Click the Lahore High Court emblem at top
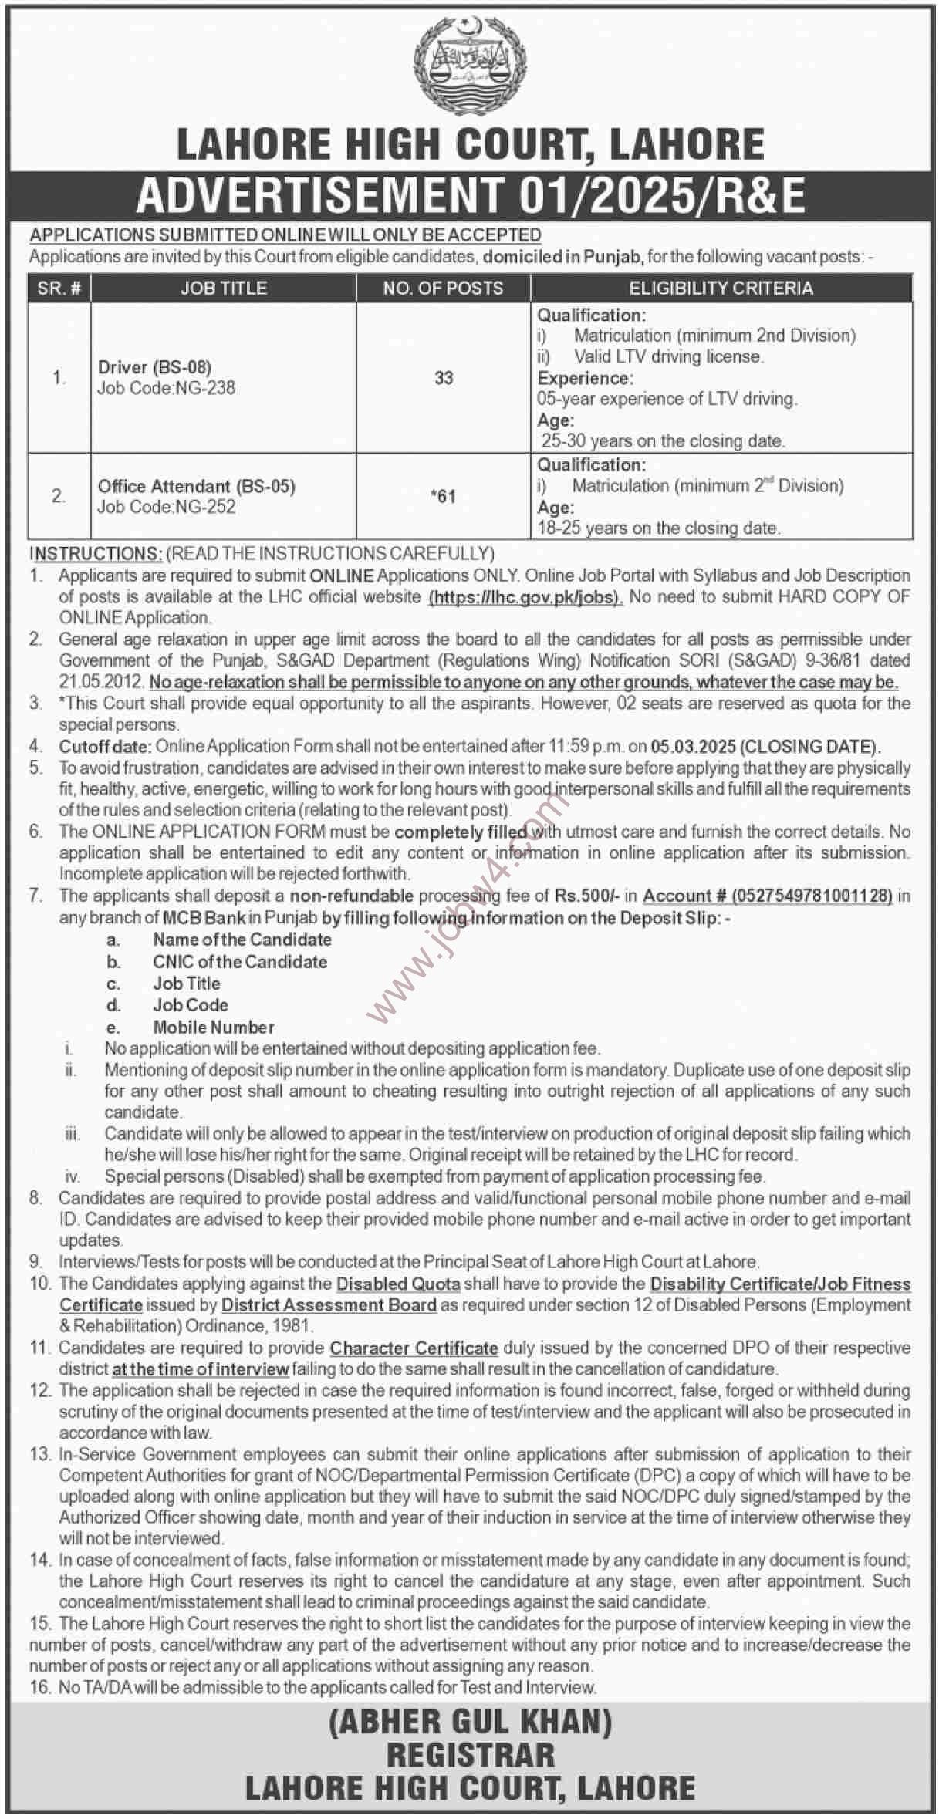(x=470, y=67)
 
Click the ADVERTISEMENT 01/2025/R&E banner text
(x=470, y=195)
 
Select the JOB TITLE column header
(x=223, y=289)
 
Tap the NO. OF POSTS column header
(x=443, y=289)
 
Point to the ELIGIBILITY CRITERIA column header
(x=721, y=289)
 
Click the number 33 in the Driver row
(x=444, y=378)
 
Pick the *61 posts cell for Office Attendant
(x=444, y=496)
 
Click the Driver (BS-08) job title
(x=154, y=367)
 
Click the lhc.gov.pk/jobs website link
(x=525, y=597)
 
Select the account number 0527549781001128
(x=812, y=896)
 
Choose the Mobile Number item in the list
(x=214, y=1027)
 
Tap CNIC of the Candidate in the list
(x=240, y=962)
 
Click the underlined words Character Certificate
(x=414, y=1348)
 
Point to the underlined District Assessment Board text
(x=329, y=1305)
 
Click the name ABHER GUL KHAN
(x=470, y=1723)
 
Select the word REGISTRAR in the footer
(x=470, y=1756)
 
